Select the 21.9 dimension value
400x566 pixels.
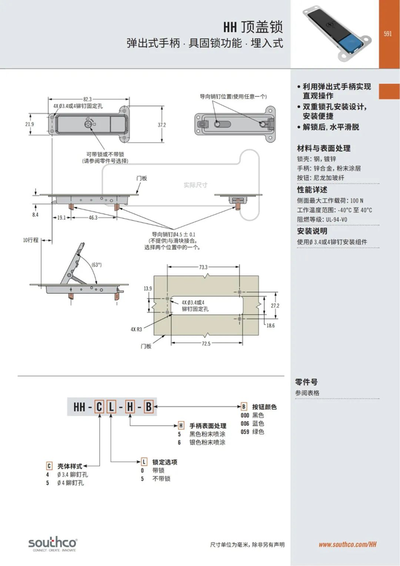click(29, 124)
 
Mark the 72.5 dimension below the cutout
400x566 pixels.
click(204, 343)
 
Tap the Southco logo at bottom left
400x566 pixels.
click(53, 541)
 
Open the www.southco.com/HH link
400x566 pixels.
click(347, 545)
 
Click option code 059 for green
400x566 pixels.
click(245, 431)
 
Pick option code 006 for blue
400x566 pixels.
click(245, 423)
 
